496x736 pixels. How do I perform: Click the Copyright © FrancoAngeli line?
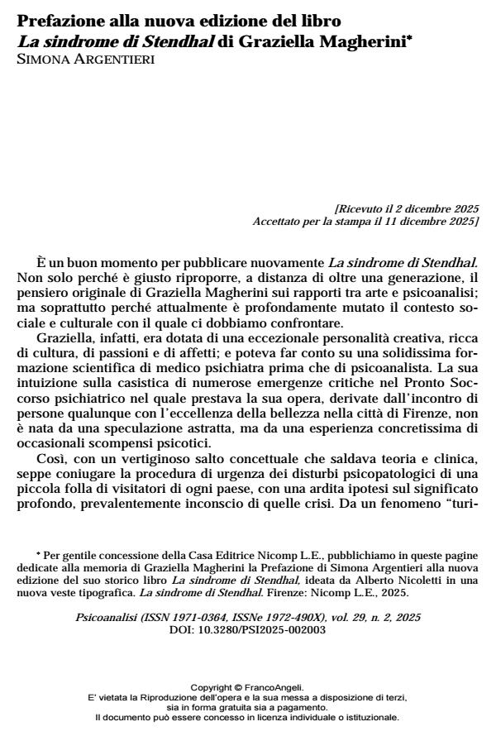pos(247,686)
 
